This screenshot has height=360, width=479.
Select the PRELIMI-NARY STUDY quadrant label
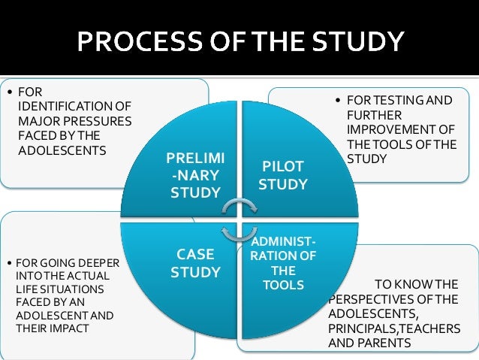pyautogui.click(x=194, y=176)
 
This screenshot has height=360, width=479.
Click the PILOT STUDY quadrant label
pyautogui.click(x=282, y=174)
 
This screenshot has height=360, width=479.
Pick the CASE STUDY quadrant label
pyautogui.click(x=194, y=263)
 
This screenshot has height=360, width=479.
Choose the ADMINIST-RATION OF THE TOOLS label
pyautogui.click(x=283, y=263)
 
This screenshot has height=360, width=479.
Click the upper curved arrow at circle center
pyautogui.click(x=239, y=207)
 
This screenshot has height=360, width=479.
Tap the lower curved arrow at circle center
pyautogui.click(x=239, y=226)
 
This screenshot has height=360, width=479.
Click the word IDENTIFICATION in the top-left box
pyautogui.click(x=66, y=107)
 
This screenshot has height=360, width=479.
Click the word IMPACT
pyautogui.click(x=71, y=328)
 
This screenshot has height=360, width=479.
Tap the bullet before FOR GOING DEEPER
pyautogui.click(x=9, y=265)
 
